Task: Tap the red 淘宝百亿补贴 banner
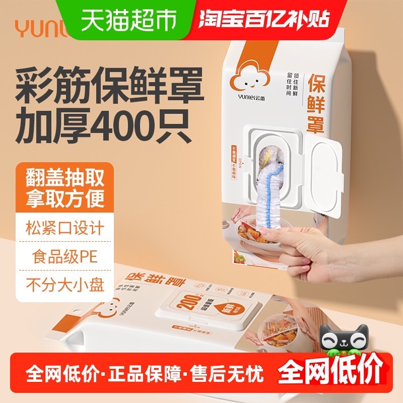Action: tap(264, 19)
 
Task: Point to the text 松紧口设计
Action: tap(65, 228)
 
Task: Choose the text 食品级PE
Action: tap(65, 257)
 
